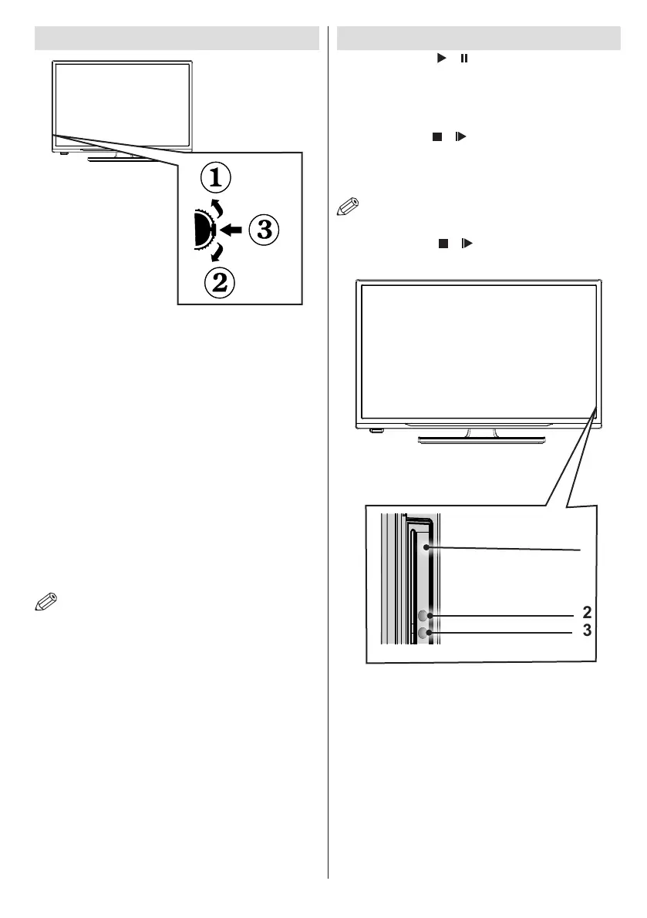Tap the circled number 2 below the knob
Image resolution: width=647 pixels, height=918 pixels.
click(219, 282)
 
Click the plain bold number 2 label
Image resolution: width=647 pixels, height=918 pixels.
click(587, 613)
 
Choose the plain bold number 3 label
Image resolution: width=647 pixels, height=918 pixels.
click(587, 630)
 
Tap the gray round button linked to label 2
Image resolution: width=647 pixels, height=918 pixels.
click(423, 616)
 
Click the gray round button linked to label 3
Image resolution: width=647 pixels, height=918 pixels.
click(423, 634)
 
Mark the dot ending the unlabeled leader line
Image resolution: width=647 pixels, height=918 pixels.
click(426, 546)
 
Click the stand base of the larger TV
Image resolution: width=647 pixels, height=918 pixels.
click(482, 440)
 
